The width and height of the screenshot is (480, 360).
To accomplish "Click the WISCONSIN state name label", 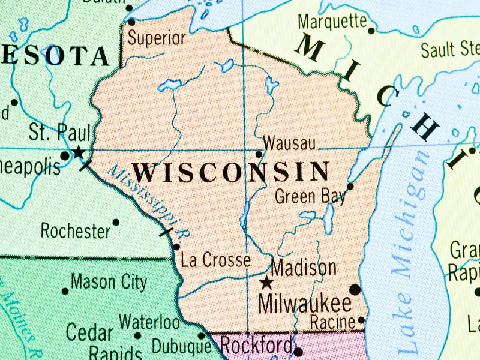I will click(231, 173).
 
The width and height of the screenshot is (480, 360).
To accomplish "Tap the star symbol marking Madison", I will click(266, 282).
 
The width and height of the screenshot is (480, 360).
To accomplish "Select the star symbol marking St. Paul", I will click(78, 152).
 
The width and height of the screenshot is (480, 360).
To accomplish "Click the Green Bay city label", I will click(310, 196).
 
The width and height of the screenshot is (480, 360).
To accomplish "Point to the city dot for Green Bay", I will click(350, 186).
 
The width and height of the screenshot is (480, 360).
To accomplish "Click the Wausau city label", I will click(290, 143).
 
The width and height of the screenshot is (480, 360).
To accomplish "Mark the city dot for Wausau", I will click(259, 154).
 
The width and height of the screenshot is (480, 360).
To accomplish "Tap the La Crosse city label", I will click(215, 260).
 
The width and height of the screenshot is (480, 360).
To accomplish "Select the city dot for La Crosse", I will click(176, 247).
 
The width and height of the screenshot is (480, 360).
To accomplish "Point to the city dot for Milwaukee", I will click(355, 290).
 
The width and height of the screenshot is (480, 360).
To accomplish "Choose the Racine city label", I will click(332, 322).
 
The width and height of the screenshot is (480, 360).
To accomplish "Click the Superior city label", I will click(157, 38).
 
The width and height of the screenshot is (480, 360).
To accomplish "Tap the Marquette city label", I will click(332, 21).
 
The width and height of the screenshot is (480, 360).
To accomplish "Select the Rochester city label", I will click(76, 230).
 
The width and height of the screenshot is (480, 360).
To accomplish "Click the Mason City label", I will click(109, 281).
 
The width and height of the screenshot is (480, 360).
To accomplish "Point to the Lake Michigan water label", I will click(414, 252).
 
